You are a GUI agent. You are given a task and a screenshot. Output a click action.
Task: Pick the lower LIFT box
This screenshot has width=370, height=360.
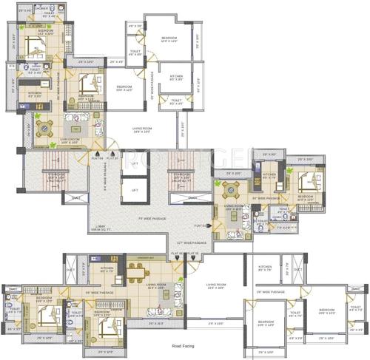[134, 190]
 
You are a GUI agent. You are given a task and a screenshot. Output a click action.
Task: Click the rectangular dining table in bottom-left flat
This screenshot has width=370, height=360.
[137, 271]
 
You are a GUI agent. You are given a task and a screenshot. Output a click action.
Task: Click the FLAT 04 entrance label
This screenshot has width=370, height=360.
[97, 157]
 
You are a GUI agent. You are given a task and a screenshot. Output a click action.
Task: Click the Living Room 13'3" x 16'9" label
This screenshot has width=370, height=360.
[216, 285]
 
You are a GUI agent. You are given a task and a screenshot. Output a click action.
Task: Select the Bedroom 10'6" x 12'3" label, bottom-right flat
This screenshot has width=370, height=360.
[326, 311]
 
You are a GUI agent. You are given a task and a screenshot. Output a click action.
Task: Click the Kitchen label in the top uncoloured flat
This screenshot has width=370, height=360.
[176, 76]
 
